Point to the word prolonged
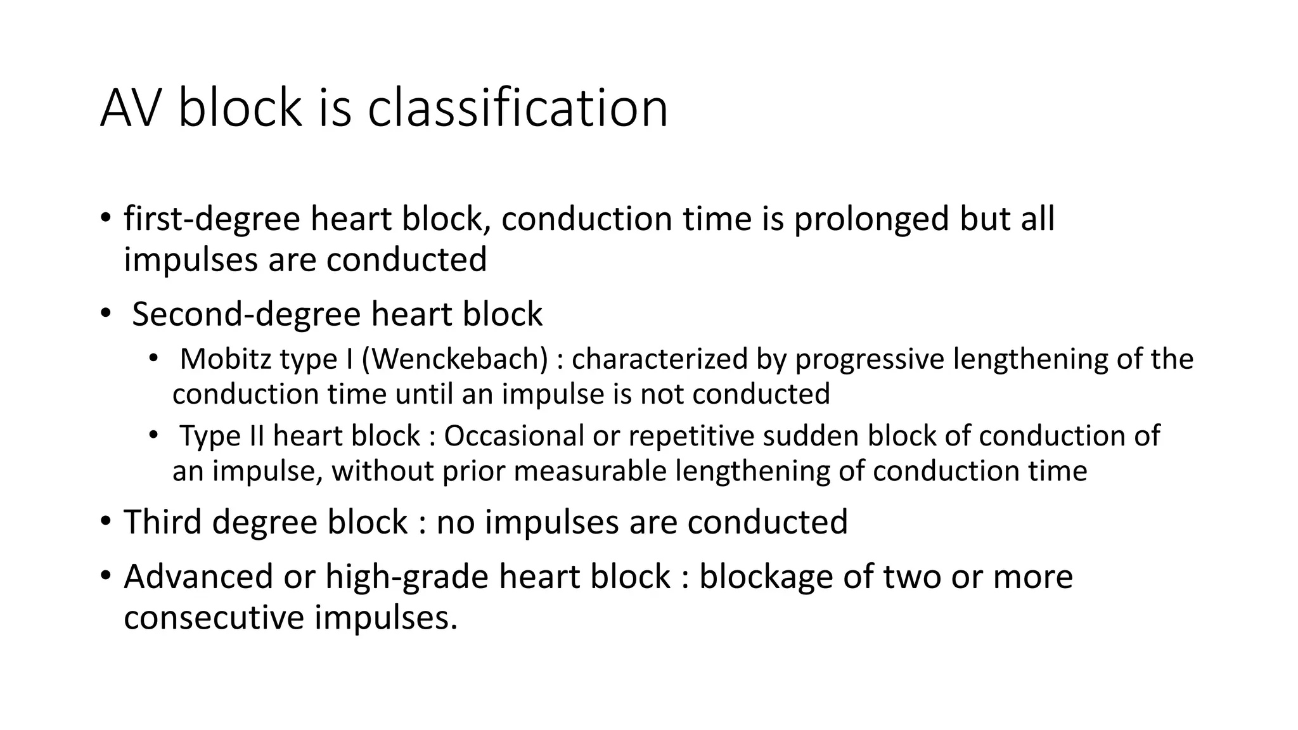[x=871, y=220]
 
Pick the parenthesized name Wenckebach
[x=454, y=359]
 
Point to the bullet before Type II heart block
[x=153, y=436]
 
